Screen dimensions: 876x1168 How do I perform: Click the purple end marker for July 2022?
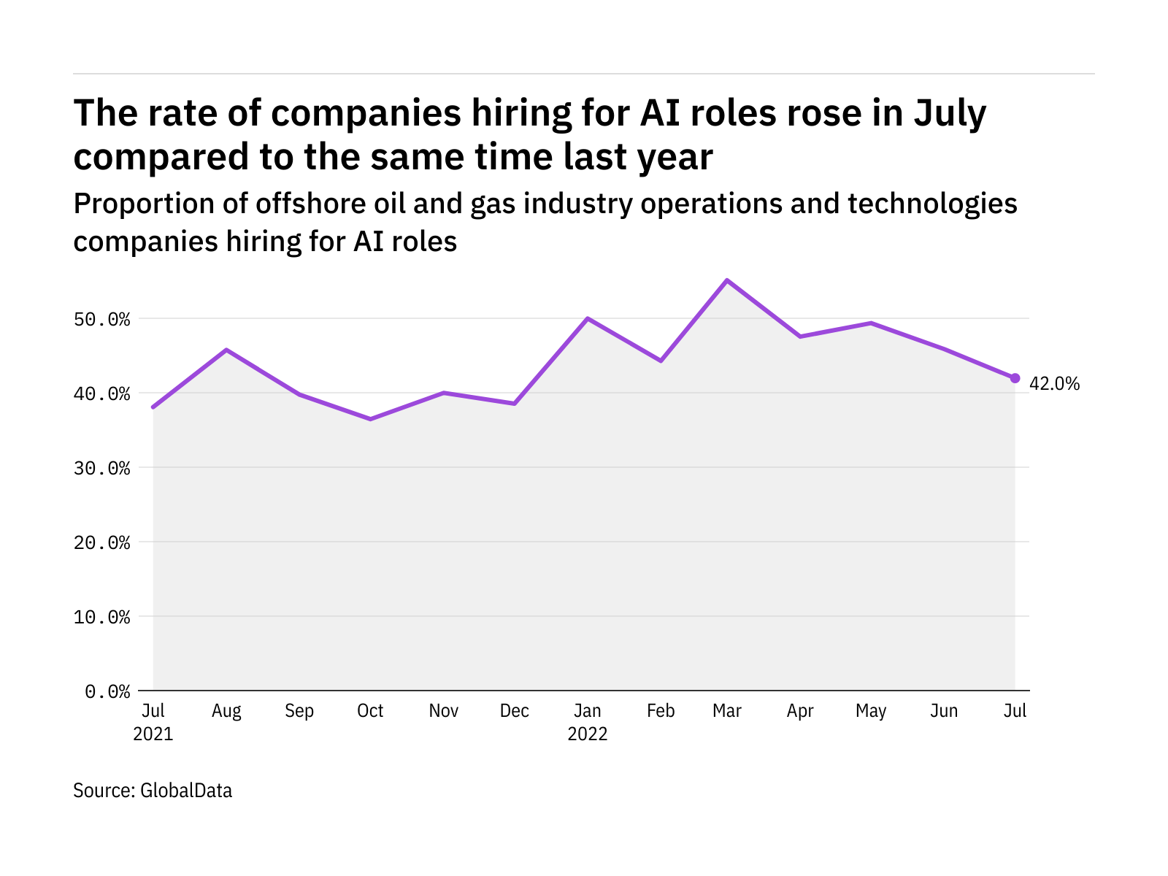[1015, 378]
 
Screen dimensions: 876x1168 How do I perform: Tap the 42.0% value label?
[1054, 384]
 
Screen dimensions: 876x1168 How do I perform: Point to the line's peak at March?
[727, 280]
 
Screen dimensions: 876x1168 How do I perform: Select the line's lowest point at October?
[370, 419]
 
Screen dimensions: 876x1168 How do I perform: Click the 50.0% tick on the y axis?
[107, 320]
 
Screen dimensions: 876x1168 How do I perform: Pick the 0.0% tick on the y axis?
[107, 691]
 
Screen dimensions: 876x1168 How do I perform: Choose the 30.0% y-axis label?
[107, 469]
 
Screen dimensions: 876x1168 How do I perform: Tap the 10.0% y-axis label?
[107, 618]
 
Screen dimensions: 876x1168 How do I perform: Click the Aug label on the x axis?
[226, 711]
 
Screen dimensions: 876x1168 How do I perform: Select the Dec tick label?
[515, 711]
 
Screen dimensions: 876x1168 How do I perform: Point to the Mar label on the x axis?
[727, 711]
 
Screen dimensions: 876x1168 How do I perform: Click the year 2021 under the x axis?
[153, 734]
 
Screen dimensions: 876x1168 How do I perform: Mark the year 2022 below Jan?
[588, 734]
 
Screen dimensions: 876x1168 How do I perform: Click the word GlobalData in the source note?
[186, 791]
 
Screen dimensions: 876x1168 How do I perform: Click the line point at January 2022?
[588, 318]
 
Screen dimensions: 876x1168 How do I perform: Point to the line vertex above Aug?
[226, 350]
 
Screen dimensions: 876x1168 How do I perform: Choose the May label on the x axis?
[871, 711]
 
